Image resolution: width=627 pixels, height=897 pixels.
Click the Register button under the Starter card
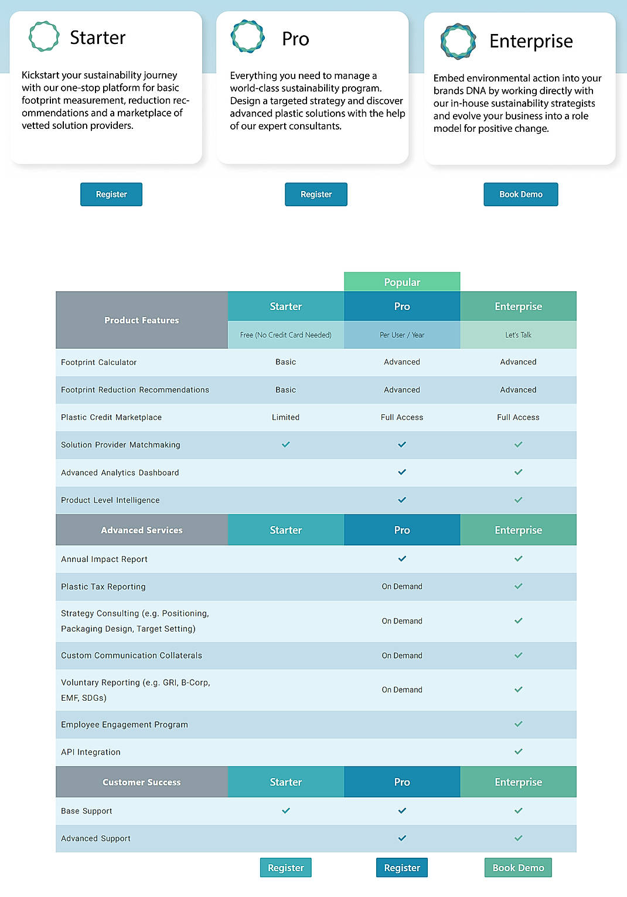[x=111, y=195]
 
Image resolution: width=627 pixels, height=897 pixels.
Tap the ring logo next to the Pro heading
[x=248, y=36]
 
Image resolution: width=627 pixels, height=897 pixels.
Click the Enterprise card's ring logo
[x=458, y=41]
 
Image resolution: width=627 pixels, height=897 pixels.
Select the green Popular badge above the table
[x=402, y=282]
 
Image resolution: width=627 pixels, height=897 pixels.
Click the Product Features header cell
[x=142, y=320]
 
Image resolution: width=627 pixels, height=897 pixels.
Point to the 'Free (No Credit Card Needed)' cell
[x=286, y=335]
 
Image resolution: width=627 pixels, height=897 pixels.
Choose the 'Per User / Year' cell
[x=402, y=335]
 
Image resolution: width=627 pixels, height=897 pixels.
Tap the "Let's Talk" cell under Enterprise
[x=518, y=335]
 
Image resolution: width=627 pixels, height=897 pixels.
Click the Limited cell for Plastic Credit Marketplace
[x=286, y=417]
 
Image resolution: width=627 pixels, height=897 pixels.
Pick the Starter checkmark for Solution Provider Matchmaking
[x=286, y=445]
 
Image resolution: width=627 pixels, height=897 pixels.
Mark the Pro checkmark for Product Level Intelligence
[x=402, y=500]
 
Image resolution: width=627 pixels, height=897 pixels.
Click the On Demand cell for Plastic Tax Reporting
[x=402, y=586]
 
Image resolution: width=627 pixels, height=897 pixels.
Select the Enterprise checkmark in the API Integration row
[x=518, y=752]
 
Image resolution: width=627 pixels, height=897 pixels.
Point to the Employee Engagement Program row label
[x=125, y=725]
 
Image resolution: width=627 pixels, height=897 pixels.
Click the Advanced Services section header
[x=142, y=530]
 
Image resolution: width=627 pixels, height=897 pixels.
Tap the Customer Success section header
[x=142, y=782]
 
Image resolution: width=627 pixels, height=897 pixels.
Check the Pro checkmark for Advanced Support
[x=402, y=838]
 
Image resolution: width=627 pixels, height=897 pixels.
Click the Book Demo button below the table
[x=518, y=868]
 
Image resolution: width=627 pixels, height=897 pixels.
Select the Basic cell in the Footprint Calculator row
[x=286, y=362]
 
